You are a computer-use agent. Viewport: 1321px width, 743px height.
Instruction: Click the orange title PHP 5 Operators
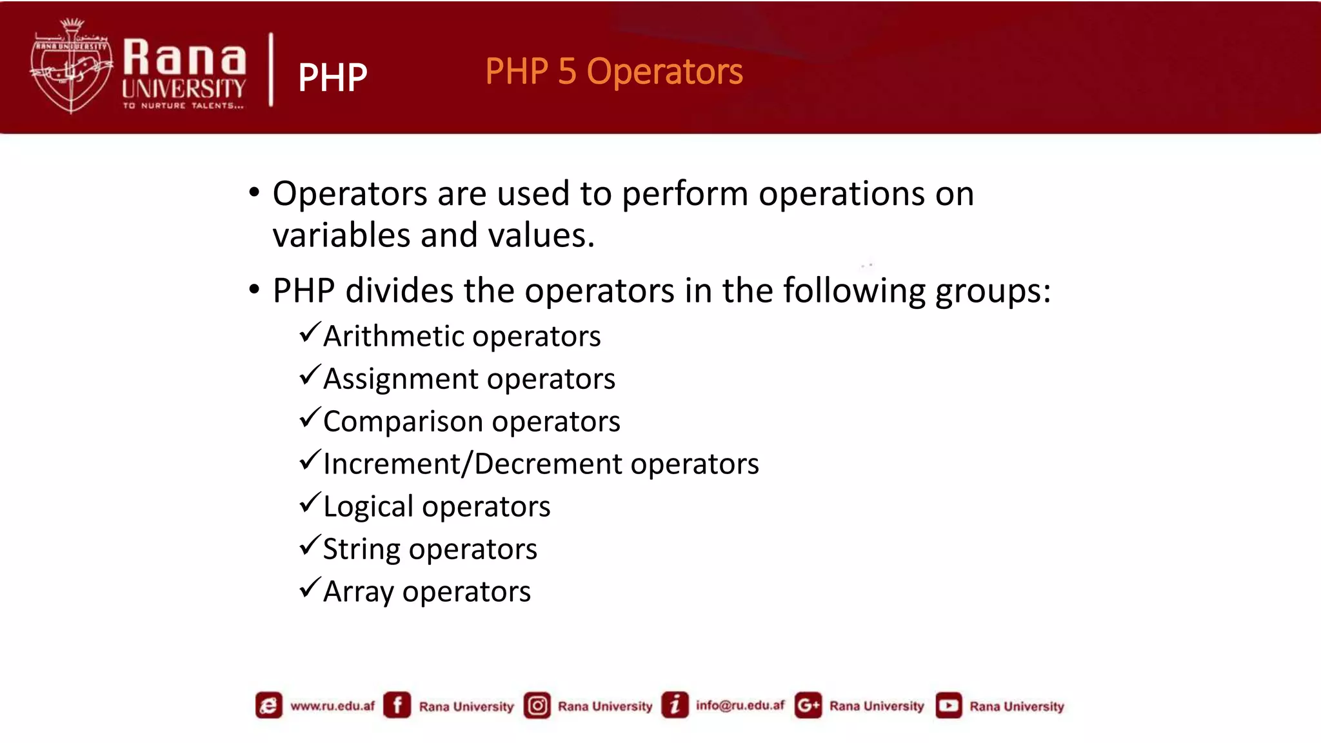(x=613, y=72)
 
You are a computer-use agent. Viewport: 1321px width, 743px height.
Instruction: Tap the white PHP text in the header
(x=332, y=78)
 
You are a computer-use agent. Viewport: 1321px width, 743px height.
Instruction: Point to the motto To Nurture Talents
(x=184, y=106)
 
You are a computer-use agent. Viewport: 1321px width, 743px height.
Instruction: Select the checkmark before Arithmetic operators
(x=310, y=333)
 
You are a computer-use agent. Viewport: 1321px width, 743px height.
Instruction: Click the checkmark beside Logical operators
(x=310, y=503)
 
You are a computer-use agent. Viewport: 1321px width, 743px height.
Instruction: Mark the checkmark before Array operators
(x=310, y=588)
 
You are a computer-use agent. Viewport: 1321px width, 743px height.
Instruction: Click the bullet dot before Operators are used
(x=254, y=193)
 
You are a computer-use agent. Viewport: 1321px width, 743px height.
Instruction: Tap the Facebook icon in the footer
(x=397, y=705)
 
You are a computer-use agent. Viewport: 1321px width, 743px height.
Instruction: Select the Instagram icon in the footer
(x=537, y=706)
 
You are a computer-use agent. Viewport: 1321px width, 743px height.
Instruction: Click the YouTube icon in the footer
(x=948, y=706)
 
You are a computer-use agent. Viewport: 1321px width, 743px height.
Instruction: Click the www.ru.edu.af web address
(x=332, y=706)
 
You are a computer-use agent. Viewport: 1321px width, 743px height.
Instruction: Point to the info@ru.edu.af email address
(x=740, y=706)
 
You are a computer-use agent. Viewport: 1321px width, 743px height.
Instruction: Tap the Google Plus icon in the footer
(x=808, y=706)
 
